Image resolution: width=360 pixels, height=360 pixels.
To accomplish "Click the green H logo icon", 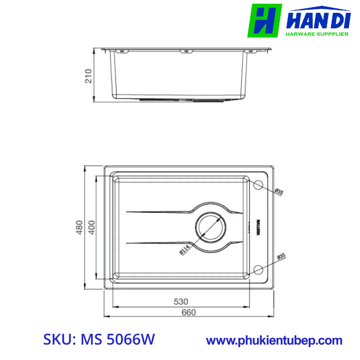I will point(264,21).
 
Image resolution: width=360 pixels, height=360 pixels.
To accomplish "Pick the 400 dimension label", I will point(92,227).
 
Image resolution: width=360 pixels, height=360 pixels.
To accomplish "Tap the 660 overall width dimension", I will point(190,312).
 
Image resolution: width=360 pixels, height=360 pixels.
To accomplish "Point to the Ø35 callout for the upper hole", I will point(279,192).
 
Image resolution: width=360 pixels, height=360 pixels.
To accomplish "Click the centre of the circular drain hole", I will point(209,227).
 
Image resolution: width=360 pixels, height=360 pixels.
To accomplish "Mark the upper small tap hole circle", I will point(259,184).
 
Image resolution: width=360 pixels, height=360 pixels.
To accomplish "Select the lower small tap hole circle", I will point(259,270).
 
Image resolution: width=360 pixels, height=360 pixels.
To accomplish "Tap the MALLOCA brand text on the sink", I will point(258,227).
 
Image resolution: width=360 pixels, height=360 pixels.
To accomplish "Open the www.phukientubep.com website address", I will point(274,340).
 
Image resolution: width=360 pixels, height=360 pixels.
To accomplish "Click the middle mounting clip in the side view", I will point(184,51).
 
